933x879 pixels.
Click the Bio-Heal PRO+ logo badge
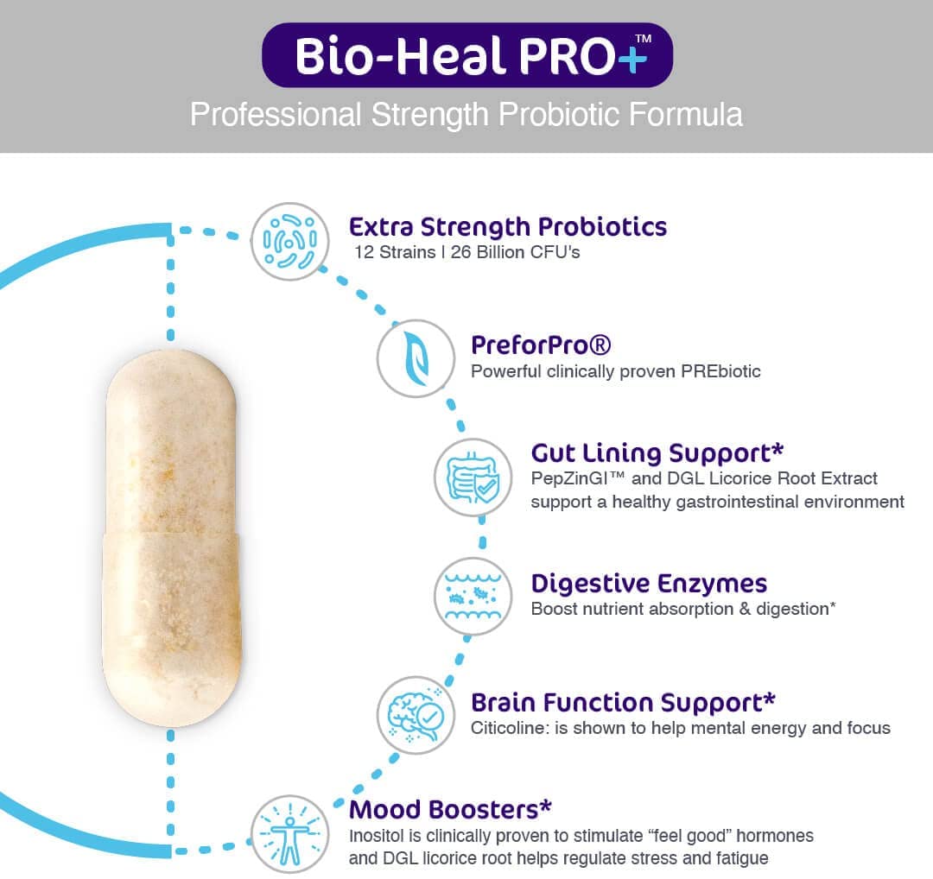click(466, 54)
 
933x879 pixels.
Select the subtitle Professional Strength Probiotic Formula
click(466, 115)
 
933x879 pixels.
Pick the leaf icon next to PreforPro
click(416, 357)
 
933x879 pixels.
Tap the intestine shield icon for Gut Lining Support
click(473, 477)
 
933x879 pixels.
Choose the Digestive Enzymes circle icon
click(473, 596)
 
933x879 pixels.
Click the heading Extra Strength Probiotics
click(508, 227)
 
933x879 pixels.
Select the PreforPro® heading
click(541, 345)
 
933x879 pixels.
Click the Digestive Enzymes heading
click(649, 583)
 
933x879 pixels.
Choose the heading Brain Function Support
click(622, 702)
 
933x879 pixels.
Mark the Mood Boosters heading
click(449, 810)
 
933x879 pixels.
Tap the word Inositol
click(378, 836)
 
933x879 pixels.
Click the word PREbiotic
click(718, 371)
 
